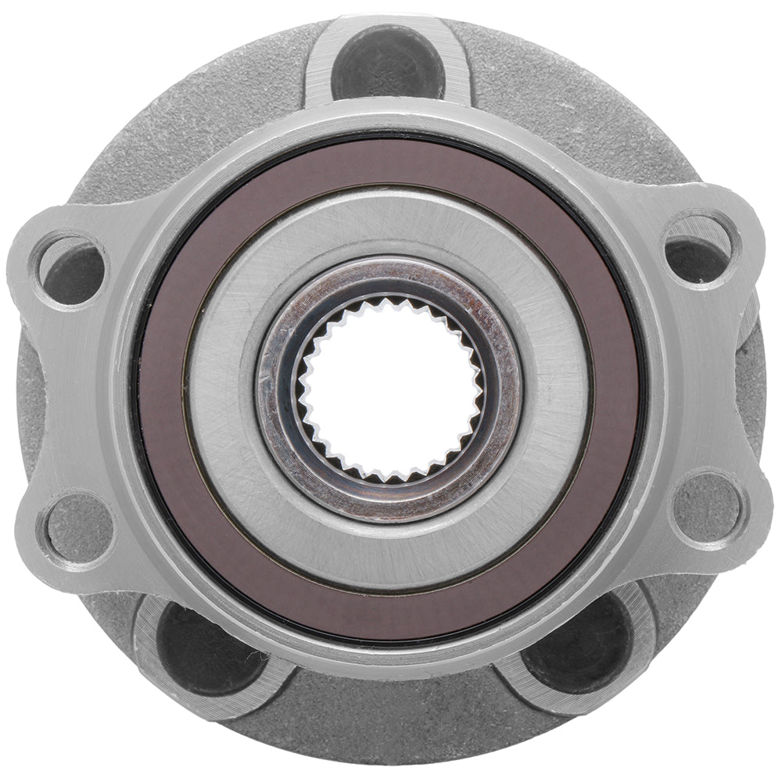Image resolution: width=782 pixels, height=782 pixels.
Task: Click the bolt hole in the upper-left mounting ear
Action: (x=73, y=271)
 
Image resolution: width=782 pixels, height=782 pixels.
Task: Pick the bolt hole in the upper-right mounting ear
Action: (x=701, y=249)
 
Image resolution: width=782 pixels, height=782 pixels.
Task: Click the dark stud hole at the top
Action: (x=389, y=61)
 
